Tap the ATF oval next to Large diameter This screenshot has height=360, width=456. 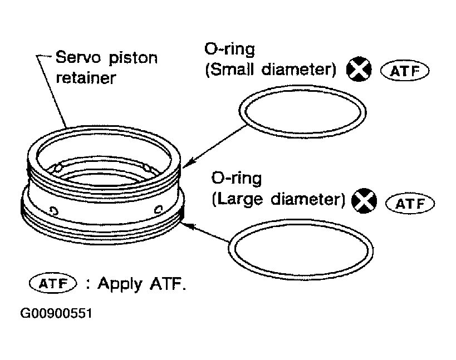(410, 203)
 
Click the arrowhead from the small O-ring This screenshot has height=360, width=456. (188, 163)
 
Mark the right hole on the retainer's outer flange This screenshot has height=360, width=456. (158, 209)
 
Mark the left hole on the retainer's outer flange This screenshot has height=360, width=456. (54, 210)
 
